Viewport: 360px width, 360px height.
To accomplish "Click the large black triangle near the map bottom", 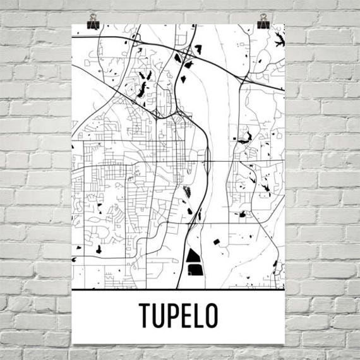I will pyautogui.click(x=193, y=257).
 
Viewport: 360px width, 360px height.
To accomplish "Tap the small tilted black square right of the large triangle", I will pyautogui.click(x=216, y=241).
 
